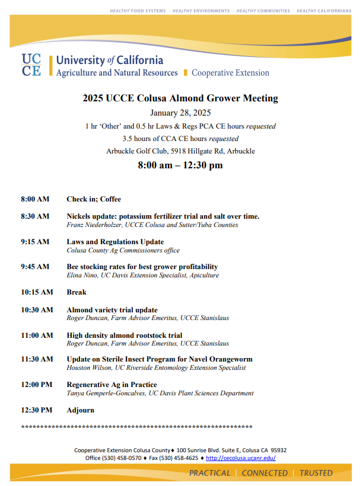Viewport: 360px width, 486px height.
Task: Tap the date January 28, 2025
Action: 180,113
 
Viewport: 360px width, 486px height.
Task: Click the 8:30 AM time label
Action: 35,216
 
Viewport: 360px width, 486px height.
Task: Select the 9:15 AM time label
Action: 35,242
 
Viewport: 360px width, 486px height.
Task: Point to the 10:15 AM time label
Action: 37,292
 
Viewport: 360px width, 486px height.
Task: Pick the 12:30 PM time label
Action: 37,410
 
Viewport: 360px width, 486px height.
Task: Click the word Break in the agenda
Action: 77,292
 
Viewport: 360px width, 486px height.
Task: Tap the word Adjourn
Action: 80,410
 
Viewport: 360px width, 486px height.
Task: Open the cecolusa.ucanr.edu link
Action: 241,458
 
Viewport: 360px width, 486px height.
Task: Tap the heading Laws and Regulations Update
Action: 115,242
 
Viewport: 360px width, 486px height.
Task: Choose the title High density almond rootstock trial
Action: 125,335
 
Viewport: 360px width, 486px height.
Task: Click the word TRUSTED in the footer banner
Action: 316,473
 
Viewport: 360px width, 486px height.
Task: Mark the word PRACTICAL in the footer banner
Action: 209,473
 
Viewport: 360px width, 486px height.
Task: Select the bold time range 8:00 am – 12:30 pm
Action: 180,165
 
